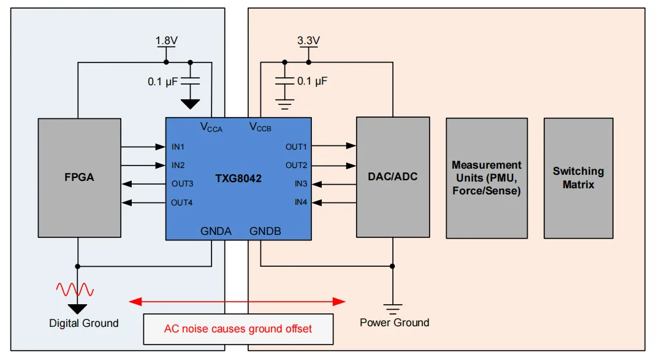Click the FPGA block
coord(79,178)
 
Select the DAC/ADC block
coord(392,177)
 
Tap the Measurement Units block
coord(487,178)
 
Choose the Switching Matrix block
coord(578,178)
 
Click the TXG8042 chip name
coord(238,179)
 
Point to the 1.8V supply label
coord(167,41)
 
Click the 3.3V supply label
coord(308,41)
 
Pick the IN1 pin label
coord(178,147)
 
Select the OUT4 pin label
coord(182,203)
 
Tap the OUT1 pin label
coord(296,147)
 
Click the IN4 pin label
coord(300,202)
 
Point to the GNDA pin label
coord(216,231)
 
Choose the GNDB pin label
coord(265,231)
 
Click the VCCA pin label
coord(211,128)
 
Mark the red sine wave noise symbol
coord(75,289)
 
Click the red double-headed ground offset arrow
coord(237,301)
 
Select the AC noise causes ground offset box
coord(238,329)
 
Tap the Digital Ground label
coord(84,323)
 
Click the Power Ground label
coord(394,323)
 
